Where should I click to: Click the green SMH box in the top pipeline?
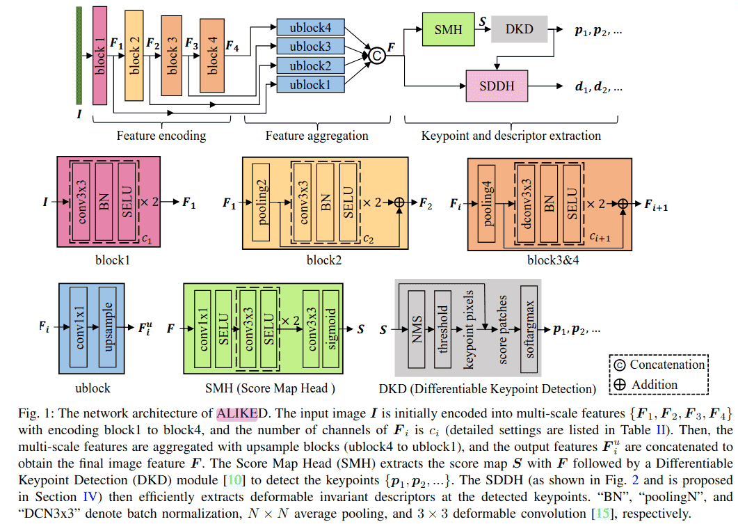click(x=448, y=29)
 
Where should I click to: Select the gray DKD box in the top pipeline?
click(x=518, y=29)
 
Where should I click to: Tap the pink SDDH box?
click(x=497, y=87)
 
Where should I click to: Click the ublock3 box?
click(x=310, y=47)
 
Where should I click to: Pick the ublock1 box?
click(x=310, y=85)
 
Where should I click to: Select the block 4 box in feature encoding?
click(x=212, y=56)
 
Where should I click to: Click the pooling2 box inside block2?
click(x=262, y=203)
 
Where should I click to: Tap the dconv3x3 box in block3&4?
click(x=524, y=203)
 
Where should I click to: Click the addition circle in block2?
click(x=399, y=203)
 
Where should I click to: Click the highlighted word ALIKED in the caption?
click(x=237, y=415)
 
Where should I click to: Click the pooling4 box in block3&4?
click(x=487, y=203)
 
